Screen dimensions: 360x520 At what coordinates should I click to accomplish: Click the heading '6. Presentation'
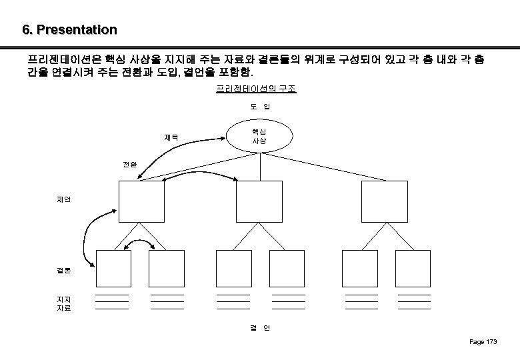69,30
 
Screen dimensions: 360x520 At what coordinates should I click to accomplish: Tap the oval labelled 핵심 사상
259,137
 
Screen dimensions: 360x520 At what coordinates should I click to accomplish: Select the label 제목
171,139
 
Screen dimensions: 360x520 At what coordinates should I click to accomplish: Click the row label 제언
65,199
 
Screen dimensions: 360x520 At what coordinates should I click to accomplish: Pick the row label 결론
64,271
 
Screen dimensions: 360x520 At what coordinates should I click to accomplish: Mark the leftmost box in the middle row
141,201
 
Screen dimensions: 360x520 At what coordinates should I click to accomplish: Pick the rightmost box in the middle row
383,201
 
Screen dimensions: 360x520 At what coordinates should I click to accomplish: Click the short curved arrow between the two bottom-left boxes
141,241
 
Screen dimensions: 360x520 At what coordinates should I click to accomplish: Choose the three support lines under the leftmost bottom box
112,302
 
